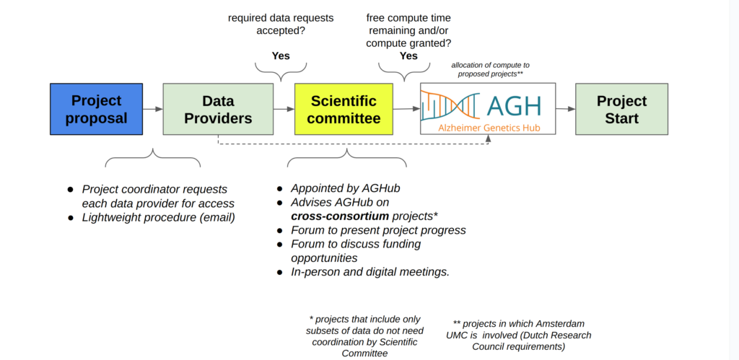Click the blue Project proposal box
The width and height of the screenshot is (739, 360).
point(96,110)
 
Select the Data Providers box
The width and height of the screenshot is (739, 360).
point(218,110)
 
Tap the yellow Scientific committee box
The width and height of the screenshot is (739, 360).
point(344,110)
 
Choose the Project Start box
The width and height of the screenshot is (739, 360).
point(621,110)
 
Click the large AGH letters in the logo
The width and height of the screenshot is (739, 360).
point(513,106)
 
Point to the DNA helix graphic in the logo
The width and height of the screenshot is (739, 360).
point(450,105)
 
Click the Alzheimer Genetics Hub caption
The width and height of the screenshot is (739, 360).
point(489,127)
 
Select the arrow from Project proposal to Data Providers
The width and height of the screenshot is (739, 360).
point(153,110)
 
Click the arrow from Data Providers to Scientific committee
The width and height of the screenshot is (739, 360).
point(284,110)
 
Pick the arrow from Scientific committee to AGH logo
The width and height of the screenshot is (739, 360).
point(406,109)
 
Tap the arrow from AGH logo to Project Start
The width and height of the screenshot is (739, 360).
point(566,109)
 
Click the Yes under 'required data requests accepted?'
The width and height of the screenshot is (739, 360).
point(281,56)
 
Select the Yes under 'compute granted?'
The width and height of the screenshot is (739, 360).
point(408,56)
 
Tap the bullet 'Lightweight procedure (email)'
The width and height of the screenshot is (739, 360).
point(158,218)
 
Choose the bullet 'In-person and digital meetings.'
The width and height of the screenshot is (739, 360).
point(370,272)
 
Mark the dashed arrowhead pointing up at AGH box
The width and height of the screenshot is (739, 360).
point(489,138)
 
